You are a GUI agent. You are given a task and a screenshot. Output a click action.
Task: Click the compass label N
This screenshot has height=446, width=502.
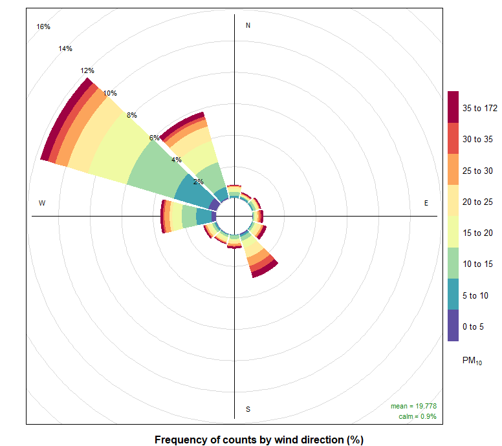(248, 25)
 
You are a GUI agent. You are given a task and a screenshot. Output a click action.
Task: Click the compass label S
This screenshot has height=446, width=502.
(248, 409)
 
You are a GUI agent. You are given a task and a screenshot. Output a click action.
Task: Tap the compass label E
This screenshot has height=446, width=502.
(426, 203)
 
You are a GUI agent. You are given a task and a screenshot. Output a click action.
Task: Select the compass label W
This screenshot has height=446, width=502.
(42, 203)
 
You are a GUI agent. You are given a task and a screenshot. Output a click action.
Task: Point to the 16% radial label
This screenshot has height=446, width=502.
(43, 27)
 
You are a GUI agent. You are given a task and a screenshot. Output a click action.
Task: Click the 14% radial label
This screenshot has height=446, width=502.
(65, 48)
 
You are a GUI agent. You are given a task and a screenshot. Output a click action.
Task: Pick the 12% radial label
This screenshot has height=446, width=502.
(87, 70)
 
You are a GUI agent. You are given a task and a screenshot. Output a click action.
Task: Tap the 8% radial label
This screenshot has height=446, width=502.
(132, 115)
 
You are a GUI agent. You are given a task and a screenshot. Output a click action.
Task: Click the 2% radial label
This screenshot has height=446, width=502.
(199, 182)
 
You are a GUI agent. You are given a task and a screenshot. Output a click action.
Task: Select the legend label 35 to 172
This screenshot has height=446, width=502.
(480, 108)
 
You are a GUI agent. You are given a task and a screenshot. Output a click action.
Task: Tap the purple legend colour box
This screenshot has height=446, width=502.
(453, 325)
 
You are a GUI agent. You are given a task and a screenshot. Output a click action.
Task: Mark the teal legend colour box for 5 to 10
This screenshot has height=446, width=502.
(453, 294)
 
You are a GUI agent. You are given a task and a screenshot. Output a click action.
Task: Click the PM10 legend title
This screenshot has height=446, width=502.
(472, 361)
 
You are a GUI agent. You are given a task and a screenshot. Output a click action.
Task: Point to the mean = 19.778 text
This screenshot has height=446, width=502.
(413, 406)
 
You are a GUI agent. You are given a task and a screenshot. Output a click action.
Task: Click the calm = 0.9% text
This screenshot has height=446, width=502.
(417, 416)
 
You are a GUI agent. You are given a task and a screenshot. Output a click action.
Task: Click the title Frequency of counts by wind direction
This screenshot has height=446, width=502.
(259, 440)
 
